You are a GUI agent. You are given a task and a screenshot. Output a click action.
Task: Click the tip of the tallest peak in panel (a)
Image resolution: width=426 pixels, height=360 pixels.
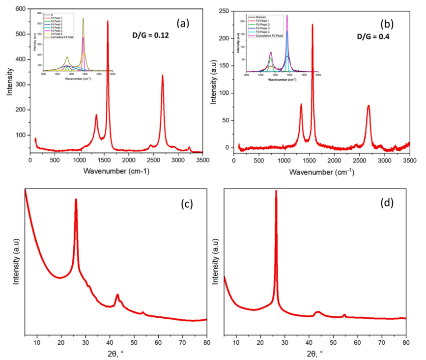108,21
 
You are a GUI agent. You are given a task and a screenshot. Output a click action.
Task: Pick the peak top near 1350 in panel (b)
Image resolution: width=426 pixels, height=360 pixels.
301,104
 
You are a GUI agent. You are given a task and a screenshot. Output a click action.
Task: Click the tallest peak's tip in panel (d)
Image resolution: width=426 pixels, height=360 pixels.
276,191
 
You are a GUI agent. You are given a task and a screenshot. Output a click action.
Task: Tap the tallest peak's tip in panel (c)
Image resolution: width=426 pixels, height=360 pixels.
76,199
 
